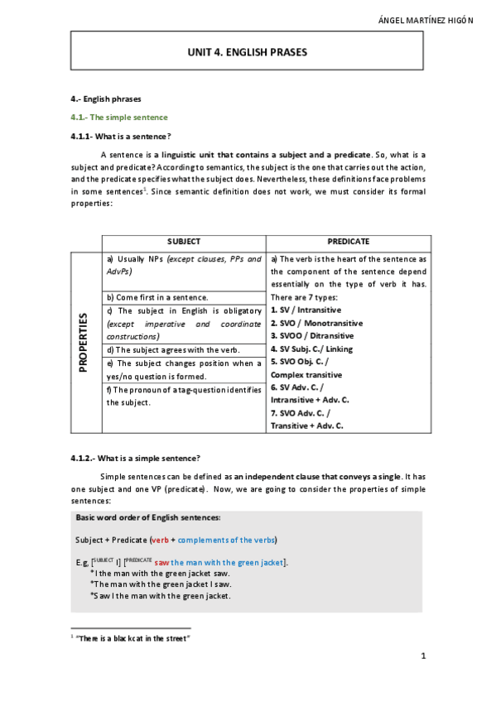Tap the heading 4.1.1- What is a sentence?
[x=121, y=137]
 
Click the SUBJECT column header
[x=184, y=242]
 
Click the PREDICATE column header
[x=349, y=242]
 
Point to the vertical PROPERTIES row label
[x=84, y=342]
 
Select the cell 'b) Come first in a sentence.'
[x=157, y=296]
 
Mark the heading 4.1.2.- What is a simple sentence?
[x=136, y=458]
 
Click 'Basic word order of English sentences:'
[x=148, y=517]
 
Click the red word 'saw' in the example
[x=161, y=563]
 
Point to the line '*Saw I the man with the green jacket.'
[x=160, y=595]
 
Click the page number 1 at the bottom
[x=423, y=656]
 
